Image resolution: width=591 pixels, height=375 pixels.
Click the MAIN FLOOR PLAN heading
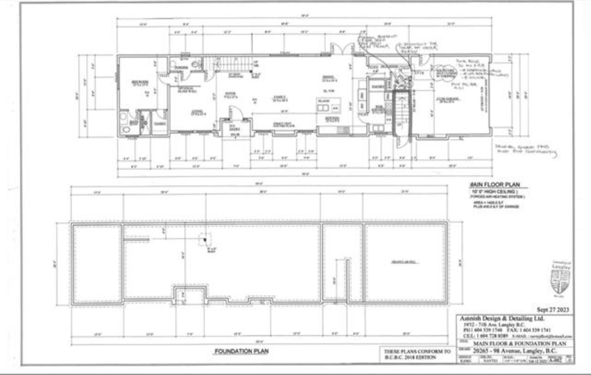click(495, 185)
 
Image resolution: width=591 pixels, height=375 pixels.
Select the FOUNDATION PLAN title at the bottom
click(241, 351)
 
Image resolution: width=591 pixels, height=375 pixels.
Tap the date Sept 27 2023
click(553, 309)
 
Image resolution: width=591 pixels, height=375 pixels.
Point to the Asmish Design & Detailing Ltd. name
click(502, 318)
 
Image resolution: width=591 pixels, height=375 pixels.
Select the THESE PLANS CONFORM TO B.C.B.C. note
click(417, 354)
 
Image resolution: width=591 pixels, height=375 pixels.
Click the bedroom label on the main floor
click(140, 83)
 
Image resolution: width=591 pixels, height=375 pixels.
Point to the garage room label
click(448, 100)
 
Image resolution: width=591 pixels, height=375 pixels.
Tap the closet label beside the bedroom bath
click(160, 123)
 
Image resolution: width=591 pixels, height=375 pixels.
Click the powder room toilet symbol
click(195, 64)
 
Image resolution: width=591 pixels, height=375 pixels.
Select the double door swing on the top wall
click(343, 49)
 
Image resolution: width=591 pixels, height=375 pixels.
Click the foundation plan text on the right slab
click(405, 262)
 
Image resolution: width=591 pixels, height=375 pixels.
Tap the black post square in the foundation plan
click(205, 240)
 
